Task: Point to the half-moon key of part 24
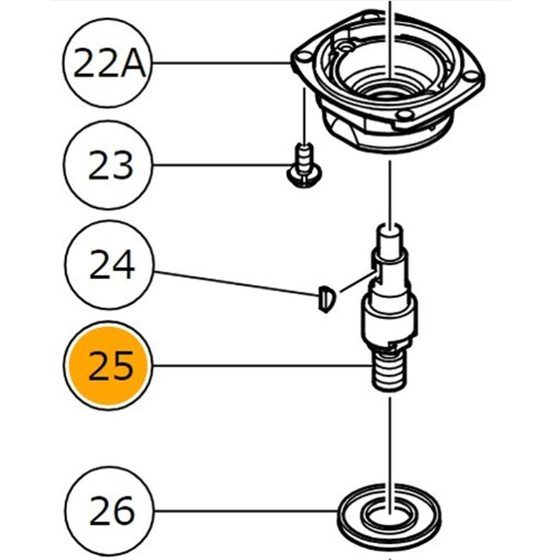pos(326,299)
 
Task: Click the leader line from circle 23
pos(220,165)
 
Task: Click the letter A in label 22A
pos(132,63)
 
